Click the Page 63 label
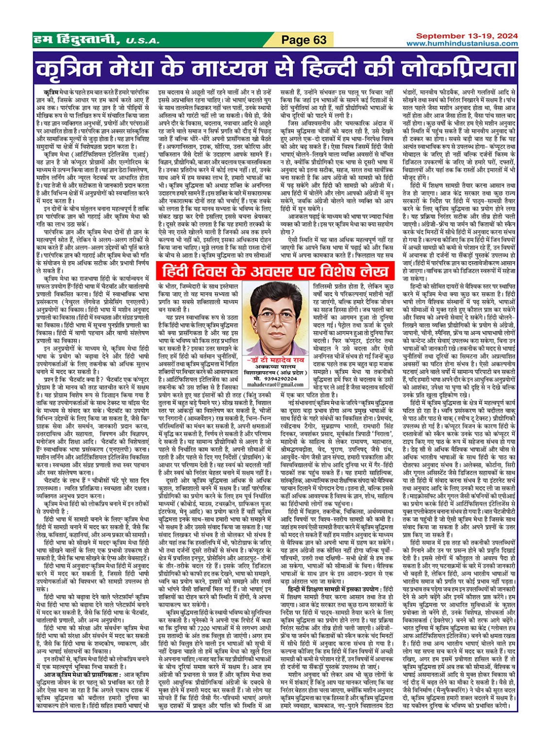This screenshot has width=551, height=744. tap(304, 40)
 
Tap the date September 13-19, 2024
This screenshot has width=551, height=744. tap(467, 36)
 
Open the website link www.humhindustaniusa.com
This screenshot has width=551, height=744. tap(462, 44)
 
